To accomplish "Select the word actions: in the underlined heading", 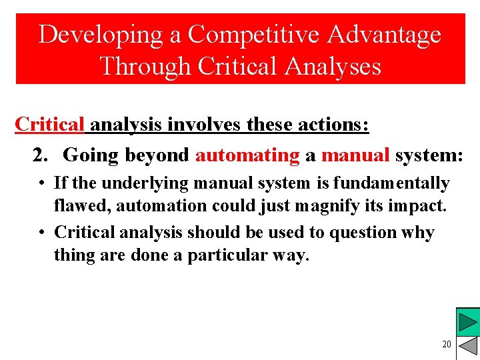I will (331, 125).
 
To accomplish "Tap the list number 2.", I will (41, 155).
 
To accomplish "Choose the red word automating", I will (247, 155).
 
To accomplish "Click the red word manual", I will (355, 155).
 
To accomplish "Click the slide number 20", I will (446, 344).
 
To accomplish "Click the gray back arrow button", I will (469, 347).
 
